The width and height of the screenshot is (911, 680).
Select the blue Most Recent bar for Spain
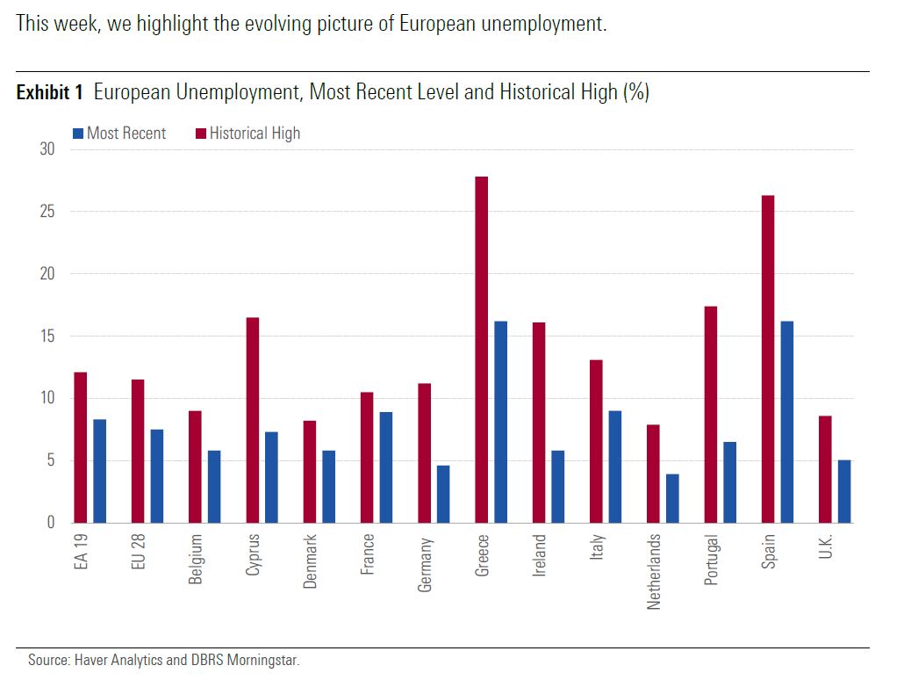(x=786, y=422)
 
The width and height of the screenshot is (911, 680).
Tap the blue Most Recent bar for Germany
(x=443, y=494)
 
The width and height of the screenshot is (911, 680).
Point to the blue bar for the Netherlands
(x=672, y=498)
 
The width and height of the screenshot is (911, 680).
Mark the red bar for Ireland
(x=539, y=423)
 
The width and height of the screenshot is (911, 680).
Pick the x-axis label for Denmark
(x=310, y=561)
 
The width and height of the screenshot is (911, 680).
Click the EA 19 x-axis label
(x=81, y=552)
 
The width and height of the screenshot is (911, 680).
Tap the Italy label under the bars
(x=597, y=548)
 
